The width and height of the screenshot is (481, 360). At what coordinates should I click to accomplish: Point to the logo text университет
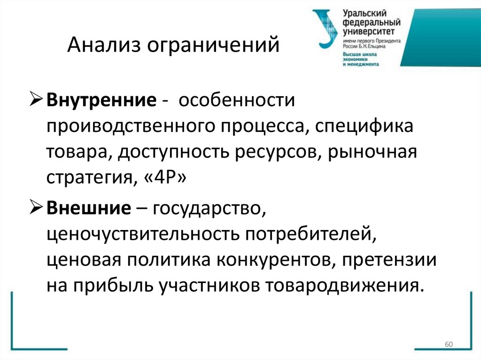tap(369, 31)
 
